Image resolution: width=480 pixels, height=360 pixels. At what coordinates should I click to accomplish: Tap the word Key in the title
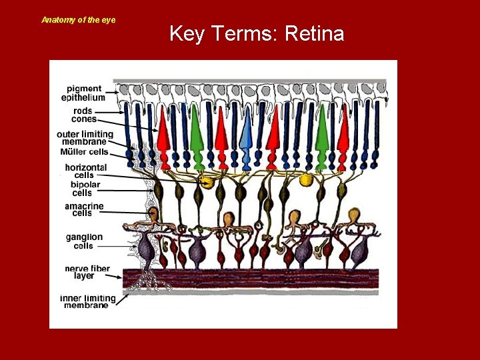187,33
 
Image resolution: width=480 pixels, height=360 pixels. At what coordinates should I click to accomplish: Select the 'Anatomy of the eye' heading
79,20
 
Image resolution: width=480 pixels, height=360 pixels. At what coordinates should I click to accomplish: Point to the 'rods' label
83,111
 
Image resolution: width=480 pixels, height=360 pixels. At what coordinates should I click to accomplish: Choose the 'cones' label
83,119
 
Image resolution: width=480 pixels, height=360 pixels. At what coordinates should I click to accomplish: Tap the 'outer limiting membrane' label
85,138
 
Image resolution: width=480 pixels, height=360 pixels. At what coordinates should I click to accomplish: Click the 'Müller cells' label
84,152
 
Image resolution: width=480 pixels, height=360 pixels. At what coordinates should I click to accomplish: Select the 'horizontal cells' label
85,171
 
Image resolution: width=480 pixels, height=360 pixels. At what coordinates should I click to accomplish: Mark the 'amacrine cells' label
84,210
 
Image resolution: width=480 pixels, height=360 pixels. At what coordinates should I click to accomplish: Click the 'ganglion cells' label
84,241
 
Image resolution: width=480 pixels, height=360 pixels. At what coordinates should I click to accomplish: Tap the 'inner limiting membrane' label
88,302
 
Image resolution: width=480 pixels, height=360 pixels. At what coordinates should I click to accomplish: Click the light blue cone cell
246,137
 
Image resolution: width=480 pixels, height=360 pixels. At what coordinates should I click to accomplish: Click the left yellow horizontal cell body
207,182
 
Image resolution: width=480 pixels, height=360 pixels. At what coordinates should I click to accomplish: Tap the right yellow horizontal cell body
306,179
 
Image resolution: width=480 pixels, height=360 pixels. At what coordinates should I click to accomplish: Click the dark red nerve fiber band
267,277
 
